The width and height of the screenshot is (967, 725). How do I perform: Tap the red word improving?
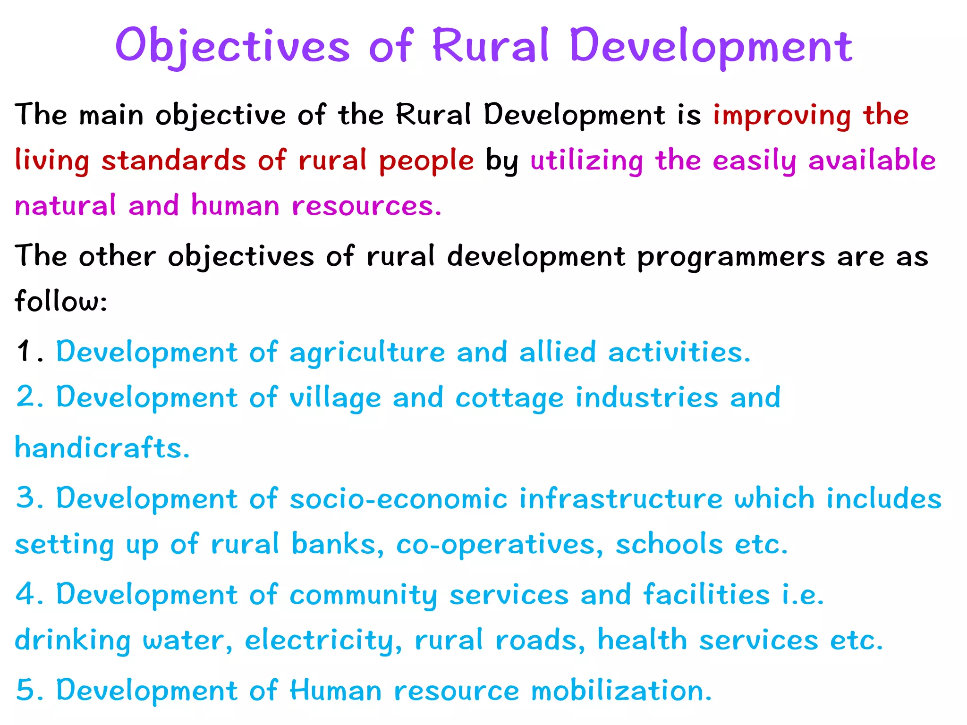(782, 116)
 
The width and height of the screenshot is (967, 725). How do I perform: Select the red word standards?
(173, 160)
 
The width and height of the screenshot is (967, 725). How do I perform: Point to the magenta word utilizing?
(586, 160)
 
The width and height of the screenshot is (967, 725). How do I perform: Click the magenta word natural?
(65, 206)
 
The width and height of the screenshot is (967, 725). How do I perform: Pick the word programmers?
(731, 257)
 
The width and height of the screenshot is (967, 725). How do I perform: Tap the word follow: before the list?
(61, 301)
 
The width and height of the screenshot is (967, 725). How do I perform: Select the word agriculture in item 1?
(367, 353)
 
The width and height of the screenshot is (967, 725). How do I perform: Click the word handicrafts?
(102, 447)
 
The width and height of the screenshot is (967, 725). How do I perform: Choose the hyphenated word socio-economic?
(398, 499)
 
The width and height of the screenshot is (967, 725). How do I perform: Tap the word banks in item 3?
(337, 544)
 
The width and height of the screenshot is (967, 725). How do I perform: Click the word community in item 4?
(363, 595)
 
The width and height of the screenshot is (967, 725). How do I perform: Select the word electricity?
(323, 641)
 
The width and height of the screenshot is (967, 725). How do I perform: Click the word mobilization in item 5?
(621, 691)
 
